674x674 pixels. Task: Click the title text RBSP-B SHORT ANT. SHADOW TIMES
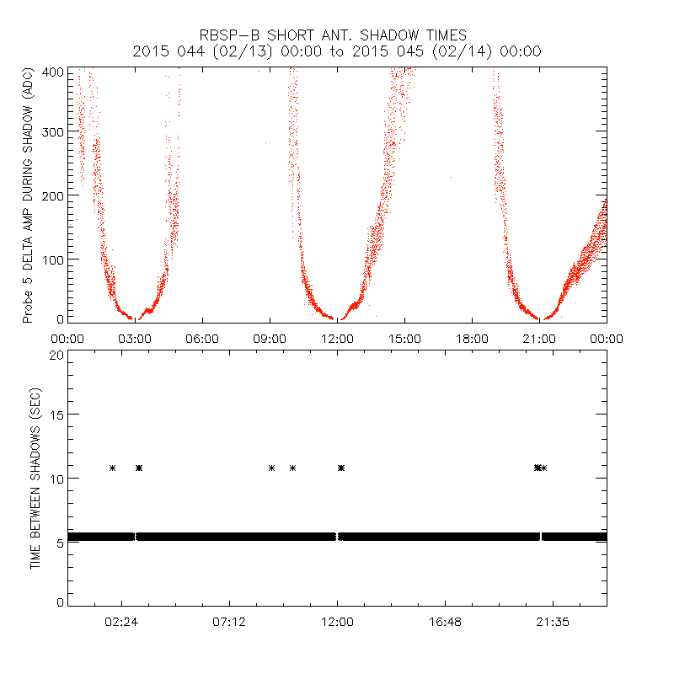tap(337, 35)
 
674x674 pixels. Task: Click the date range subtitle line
tap(337, 51)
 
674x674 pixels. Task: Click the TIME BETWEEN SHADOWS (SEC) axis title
tap(35, 479)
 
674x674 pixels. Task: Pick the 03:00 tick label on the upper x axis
tap(135, 338)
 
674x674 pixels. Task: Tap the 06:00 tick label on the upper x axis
tap(202, 338)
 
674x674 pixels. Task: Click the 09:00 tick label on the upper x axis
tap(270, 338)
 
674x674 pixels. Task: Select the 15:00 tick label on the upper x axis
tap(404, 338)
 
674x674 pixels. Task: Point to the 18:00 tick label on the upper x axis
tap(472, 338)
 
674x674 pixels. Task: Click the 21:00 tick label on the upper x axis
tap(539, 338)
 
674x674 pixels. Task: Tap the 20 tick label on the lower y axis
tap(56, 355)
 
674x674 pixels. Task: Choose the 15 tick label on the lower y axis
tap(56, 416)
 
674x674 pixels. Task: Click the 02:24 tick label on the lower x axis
tap(121, 622)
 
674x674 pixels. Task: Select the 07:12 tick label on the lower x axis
tap(229, 622)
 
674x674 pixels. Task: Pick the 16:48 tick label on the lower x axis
tap(445, 622)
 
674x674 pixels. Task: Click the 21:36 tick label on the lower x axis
tap(553, 622)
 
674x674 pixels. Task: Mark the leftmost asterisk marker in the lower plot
tap(112, 468)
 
